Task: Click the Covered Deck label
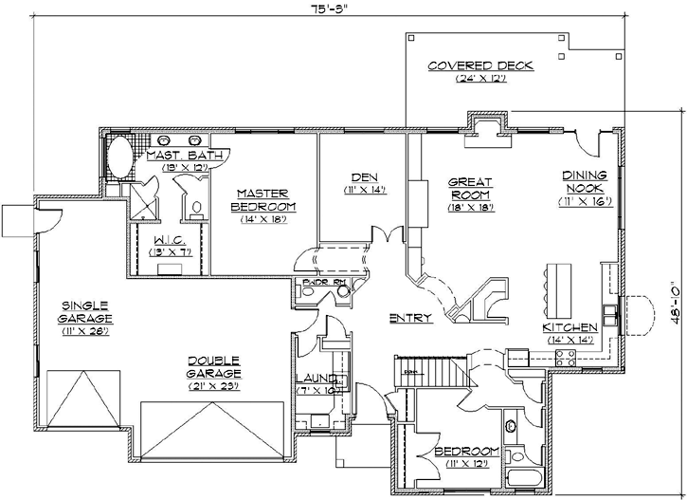[479, 65]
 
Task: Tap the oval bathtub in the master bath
[119, 157]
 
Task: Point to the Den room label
[358, 176]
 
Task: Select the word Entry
[410, 318]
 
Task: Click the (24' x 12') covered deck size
[479, 79]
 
